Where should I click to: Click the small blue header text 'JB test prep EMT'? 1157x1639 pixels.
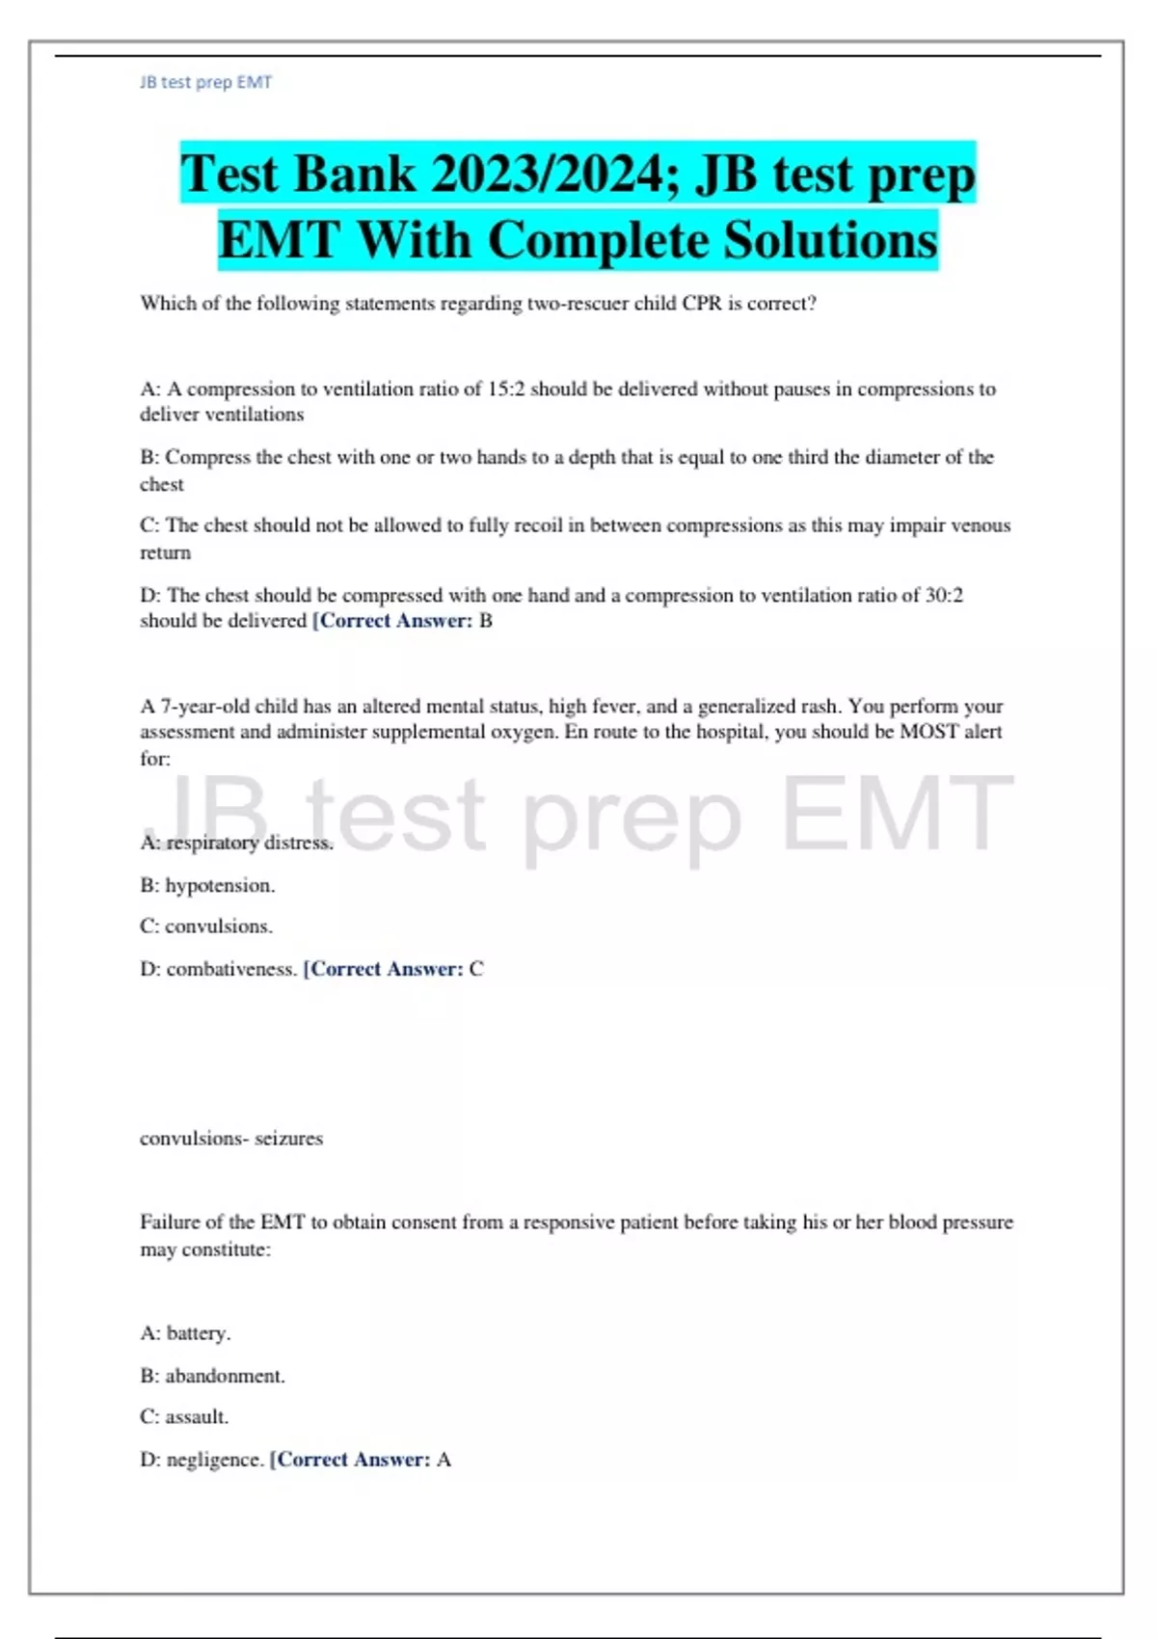pos(205,83)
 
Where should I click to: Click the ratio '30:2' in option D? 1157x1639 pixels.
pos(944,596)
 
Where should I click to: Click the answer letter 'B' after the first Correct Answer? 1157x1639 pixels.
pos(486,621)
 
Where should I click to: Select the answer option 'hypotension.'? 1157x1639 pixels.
pos(220,885)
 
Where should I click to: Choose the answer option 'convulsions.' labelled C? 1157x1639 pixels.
pos(219,927)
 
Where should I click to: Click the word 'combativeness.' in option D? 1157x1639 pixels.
pos(231,969)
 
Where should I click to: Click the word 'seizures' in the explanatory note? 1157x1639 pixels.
pos(288,1139)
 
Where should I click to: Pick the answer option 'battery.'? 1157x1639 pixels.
pos(199,1333)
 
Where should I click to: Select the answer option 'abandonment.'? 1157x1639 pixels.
pos(225,1376)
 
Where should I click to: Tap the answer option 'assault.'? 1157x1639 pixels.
pos(197,1417)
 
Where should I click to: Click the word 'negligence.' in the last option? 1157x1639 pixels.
pos(215,1460)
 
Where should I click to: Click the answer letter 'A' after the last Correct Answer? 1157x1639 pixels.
pos(444,1460)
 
